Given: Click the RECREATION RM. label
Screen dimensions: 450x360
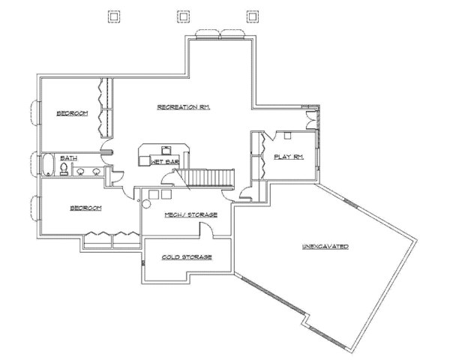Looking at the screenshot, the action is coord(184,107).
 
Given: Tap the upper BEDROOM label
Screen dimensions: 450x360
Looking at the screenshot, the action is coord(72,113).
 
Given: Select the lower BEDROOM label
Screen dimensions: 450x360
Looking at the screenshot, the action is coord(85,208).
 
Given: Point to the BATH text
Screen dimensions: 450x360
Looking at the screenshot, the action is coord(68,158).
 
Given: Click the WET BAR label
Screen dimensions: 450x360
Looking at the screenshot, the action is coord(165,162).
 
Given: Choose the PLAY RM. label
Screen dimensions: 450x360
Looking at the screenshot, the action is coord(289,157).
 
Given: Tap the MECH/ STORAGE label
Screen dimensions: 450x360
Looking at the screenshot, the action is coord(190,214).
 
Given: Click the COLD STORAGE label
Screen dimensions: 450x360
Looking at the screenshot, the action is coord(187,257).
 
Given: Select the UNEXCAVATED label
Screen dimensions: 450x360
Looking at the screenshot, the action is coord(325,247).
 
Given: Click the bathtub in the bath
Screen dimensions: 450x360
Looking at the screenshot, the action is coord(48,164).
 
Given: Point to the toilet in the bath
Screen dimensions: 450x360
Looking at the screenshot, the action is coord(64,169).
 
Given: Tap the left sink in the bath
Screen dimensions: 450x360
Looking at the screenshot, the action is coord(80,172).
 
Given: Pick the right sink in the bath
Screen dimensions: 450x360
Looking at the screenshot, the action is coord(96,172).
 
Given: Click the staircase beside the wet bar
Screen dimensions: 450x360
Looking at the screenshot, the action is coord(205,178).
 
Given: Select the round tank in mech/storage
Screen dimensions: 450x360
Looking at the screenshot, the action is coord(146,204).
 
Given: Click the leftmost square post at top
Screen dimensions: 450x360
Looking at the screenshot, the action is coord(114,16).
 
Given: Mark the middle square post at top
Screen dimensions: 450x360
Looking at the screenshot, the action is coord(183,16).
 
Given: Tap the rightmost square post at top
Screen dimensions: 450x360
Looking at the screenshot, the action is coord(252,16).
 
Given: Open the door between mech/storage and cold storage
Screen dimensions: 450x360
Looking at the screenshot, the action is coord(207,229).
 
